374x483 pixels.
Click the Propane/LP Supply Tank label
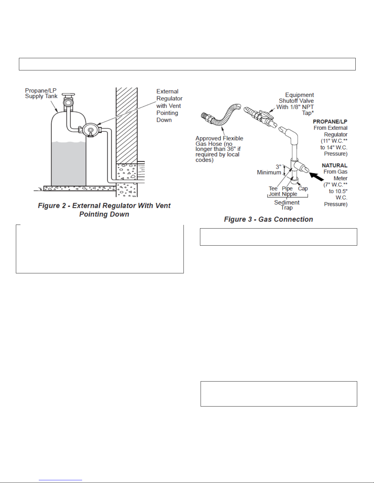pos(41,93)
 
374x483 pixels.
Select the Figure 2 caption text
pos(104,210)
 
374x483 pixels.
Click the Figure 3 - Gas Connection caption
pos(268,219)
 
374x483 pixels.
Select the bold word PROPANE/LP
pos(330,121)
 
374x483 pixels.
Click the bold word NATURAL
pos(334,165)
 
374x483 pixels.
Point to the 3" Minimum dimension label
pos(269,169)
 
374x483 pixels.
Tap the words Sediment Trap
pos(287,205)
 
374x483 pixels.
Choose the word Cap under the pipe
pos(303,189)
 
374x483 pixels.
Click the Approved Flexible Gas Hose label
pos(219,149)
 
